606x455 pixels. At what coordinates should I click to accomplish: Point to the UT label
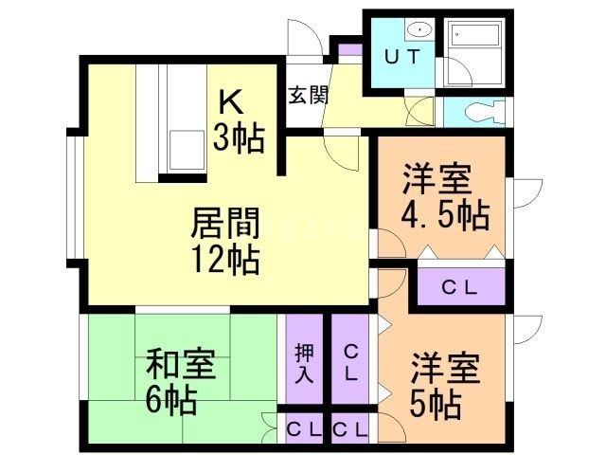click(401, 56)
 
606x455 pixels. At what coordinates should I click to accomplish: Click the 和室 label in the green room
click(180, 364)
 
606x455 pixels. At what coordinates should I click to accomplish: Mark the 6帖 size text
click(170, 400)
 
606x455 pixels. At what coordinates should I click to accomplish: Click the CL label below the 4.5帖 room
click(460, 286)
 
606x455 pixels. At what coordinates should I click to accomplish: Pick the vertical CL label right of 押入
click(350, 361)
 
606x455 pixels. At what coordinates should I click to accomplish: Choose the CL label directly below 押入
click(303, 429)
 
